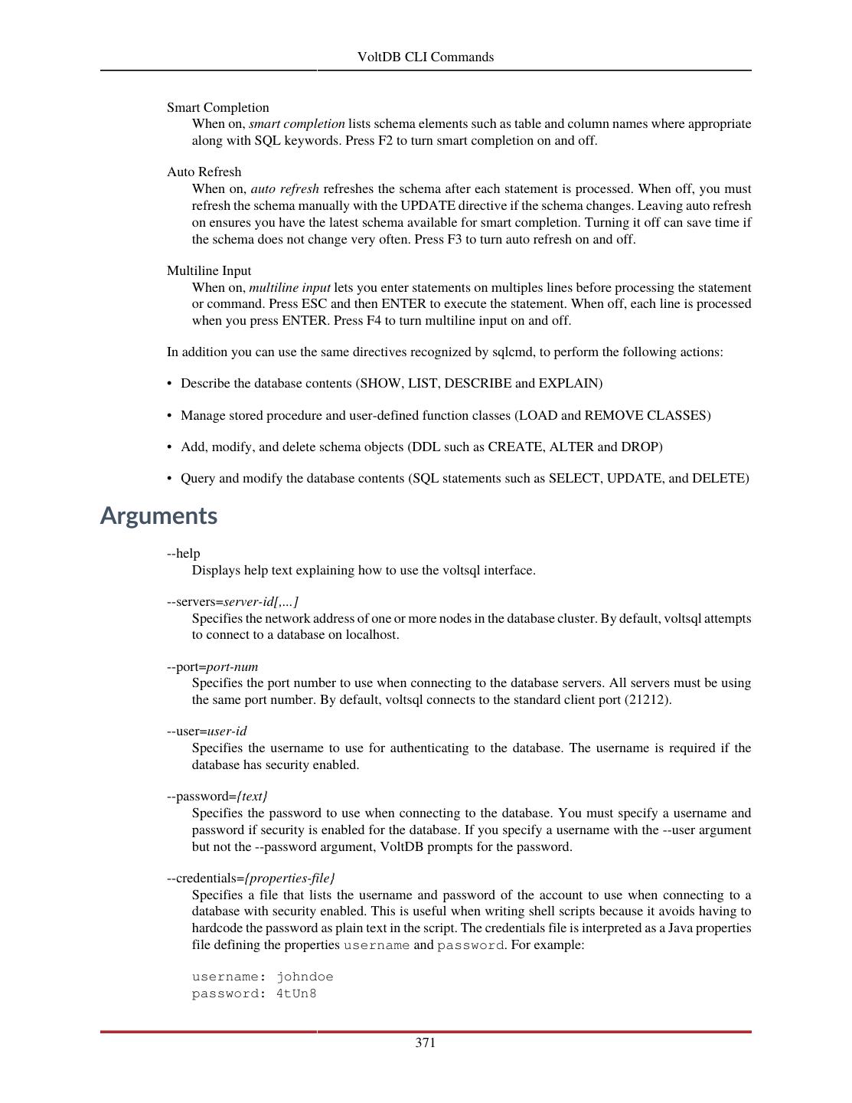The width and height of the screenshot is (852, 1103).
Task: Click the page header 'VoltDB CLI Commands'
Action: (426, 57)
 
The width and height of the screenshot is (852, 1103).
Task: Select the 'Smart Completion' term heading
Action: (217, 107)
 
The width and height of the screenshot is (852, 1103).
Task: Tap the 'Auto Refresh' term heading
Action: (204, 172)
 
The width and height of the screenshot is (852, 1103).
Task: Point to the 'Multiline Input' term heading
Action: (209, 270)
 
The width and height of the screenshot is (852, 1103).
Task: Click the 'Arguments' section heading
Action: (158, 515)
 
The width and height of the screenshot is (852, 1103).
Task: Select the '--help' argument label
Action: (183, 553)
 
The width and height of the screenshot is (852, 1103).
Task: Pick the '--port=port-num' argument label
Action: (212, 666)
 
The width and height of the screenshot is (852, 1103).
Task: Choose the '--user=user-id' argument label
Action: (207, 731)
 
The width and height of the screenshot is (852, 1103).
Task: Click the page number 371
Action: (426, 1042)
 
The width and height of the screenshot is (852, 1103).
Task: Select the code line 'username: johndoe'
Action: (263, 977)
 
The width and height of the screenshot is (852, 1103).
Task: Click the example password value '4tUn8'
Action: (296, 993)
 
